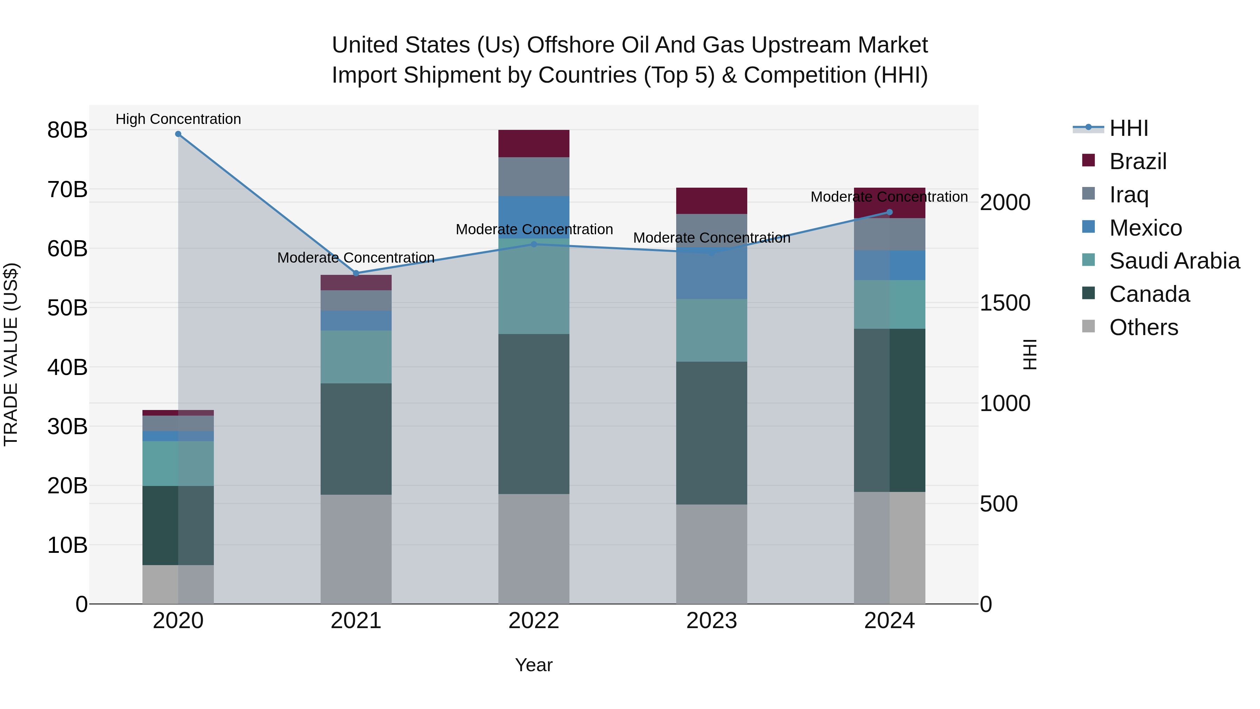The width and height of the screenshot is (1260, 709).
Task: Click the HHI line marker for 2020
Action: [x=178, y=134]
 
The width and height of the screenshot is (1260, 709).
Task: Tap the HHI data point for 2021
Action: [x=356, y=273]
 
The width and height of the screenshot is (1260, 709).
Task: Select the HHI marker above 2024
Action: [x=890, y=213]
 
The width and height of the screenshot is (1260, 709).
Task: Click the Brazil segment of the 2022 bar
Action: [x=534, y=143]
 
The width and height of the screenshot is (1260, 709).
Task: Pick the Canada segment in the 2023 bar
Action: [x=712, y=433]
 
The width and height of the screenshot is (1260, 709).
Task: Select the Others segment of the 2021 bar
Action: [x=356, y=549]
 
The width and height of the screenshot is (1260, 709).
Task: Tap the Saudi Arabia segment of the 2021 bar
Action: [x=356, y=357]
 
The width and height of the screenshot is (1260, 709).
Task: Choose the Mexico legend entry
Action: [x=1146, y=228]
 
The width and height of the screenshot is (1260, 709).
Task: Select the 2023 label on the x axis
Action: [x=712, y=621]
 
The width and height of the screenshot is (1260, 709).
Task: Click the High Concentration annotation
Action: [x=178, y=119]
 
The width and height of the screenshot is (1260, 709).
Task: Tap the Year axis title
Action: [x=534, y=665]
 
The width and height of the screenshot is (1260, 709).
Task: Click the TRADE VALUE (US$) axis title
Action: [x=11, y=354]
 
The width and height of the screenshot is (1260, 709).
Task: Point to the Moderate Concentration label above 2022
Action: [x=534, y=229]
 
